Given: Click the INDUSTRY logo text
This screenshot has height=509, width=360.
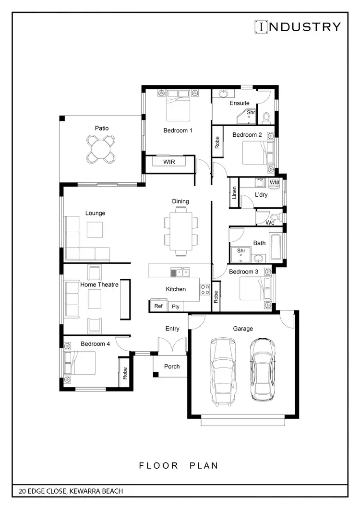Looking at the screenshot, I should tap(297, 27).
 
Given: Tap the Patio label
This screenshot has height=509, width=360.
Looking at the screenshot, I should tap(101, 128).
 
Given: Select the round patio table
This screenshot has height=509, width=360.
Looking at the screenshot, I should tap(101, 149).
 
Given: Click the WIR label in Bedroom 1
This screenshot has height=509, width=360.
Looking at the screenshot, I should tap(169, 162).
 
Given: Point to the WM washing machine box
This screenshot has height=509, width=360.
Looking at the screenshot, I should tap(274, 183).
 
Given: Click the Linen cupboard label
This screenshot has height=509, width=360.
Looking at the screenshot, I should tap(234, 193).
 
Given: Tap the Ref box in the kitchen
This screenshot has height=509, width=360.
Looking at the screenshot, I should tap(158, 306).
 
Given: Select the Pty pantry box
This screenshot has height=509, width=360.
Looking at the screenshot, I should tap(176, 306).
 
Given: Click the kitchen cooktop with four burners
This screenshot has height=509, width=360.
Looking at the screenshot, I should tap(205, 289).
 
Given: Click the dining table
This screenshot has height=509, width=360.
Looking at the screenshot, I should tap(181, 231).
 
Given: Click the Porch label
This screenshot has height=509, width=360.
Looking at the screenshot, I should tap(172, 367).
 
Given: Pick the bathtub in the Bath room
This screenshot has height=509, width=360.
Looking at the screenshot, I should tap(276, 248).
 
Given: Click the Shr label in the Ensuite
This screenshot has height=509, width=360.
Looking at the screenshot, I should tap(251, 112).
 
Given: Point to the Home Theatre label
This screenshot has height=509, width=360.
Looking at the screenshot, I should tap(99, 284).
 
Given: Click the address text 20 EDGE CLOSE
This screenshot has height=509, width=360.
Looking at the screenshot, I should tap(71, 491).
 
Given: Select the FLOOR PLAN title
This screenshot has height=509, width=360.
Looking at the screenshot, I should tap(179, 465).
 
